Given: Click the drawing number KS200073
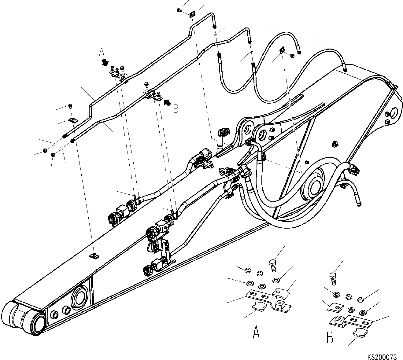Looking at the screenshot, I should tap(382, 357).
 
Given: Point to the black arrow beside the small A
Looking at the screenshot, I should tap(105, 62).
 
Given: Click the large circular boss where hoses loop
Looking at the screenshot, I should tap(312, 186).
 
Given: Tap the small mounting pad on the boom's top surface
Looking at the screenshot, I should tap(94, 255).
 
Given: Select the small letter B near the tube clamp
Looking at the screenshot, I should tap(176, 109).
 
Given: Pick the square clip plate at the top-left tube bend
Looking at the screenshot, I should tap(192, 14).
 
